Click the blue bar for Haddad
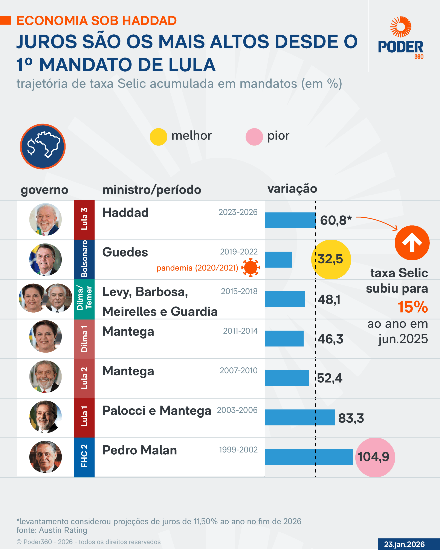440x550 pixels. (290, 220)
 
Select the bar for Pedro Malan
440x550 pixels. (309, 457)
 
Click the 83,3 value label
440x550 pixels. (351, 418)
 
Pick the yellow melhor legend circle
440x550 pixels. (158, 137)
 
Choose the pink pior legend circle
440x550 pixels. (254, 137)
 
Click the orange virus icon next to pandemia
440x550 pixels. (251, 267)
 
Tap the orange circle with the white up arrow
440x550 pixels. (412, 243)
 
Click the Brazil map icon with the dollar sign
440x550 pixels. (43, 147)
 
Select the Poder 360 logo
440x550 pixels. (401, 38)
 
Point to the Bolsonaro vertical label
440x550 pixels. (84, 259)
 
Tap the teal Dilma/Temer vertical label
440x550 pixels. (84, 298)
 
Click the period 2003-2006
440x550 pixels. (237, 410)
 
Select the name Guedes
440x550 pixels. (125, 252)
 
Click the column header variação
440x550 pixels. (292, 189)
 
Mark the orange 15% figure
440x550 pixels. (413, 307)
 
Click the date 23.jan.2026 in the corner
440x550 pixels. (404, 544)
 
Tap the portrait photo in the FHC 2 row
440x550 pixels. (45, 457)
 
